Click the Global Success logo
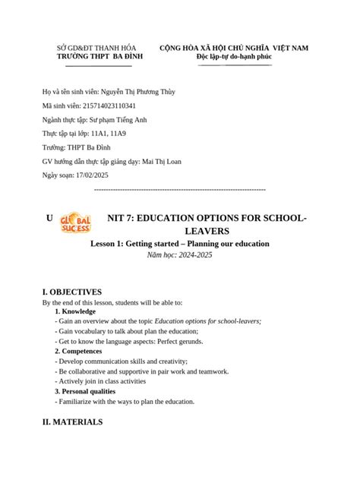pos(75,221)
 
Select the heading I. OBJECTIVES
pos(72,292)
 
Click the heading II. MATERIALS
pos(72,422)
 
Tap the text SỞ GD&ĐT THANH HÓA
pos(96,48)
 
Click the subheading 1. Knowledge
pos(75,311)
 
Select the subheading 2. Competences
pos(82,352)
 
